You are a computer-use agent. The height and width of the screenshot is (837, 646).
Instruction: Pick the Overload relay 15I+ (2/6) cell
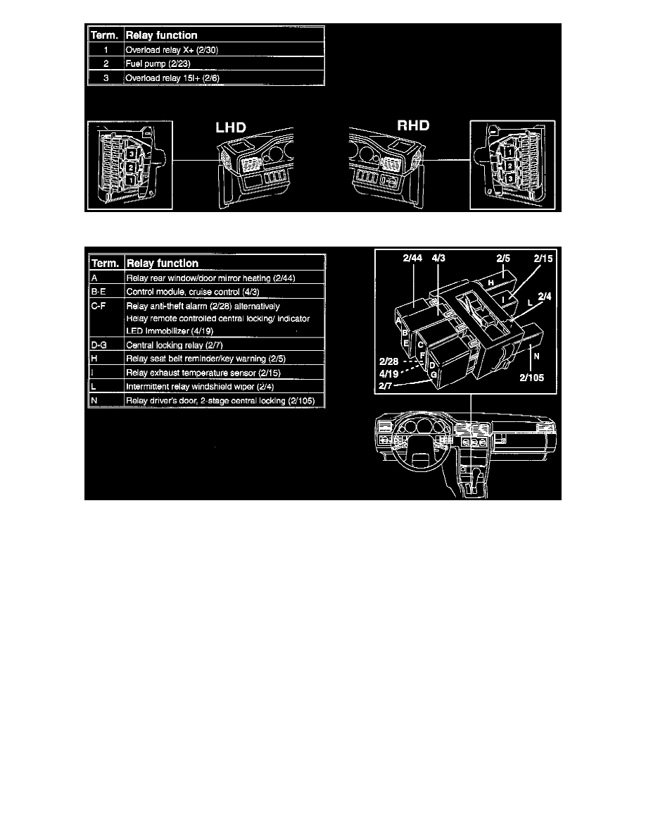point(172,78)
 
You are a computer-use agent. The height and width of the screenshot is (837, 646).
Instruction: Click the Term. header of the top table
point(104,35)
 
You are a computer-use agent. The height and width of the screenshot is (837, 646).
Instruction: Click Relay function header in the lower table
point(162,263)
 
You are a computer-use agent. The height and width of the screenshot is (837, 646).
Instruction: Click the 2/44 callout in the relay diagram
point(412,259)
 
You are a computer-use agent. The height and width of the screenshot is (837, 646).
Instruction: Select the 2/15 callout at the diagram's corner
point(544,259)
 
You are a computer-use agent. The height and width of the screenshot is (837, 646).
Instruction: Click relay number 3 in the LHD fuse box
point(130,154)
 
